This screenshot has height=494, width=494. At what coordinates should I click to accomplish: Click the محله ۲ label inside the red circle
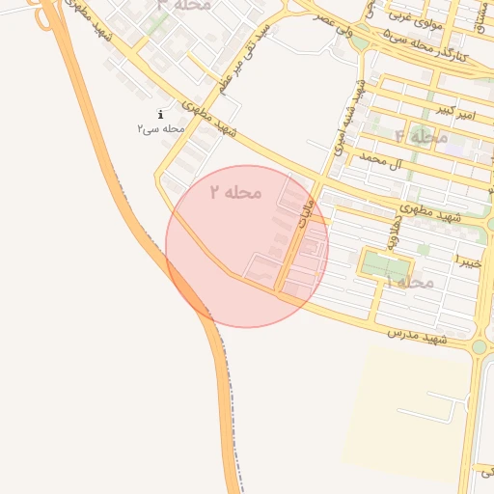(236, 192)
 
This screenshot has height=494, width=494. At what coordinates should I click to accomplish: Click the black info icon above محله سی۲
(160, 115)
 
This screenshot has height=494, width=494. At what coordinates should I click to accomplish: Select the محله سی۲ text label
(160, 128)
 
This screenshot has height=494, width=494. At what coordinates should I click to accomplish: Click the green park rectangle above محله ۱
(385, 264)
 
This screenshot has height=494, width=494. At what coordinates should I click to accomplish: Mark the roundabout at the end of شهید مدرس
(480, 346)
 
